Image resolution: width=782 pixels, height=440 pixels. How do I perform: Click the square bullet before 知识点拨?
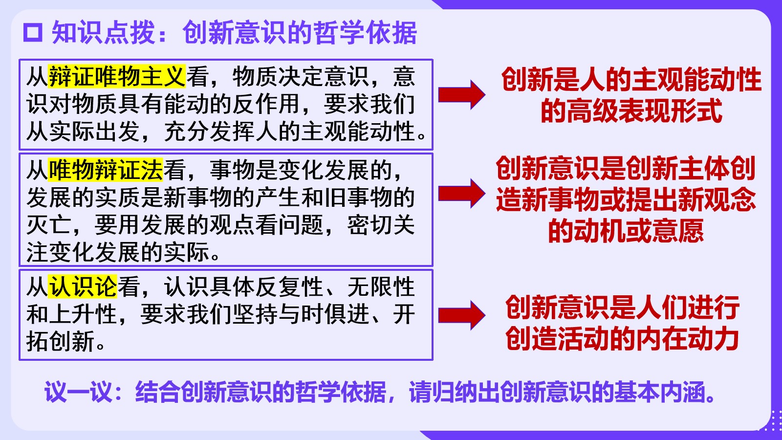coord(33,32)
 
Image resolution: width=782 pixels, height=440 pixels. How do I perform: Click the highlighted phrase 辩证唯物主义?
coord(117,76)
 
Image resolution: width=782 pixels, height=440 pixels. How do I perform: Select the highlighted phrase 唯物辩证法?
coord(106,170)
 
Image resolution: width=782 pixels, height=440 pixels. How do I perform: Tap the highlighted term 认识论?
coord(83,286)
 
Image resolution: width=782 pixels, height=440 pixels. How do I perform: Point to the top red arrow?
coord(461,95)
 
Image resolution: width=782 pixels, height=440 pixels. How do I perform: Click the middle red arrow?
coord(461,194)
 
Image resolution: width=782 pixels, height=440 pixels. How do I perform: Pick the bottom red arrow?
coord(461,315)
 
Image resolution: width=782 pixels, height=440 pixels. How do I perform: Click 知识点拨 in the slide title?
coord(104,32)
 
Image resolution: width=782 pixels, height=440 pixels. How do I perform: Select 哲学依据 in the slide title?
coord(365,32)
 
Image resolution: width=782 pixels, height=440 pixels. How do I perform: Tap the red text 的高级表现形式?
coord(631,110)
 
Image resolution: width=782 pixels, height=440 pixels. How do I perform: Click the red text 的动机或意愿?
coord(626,230)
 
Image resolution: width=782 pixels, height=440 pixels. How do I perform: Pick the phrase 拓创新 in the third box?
coord(61,341)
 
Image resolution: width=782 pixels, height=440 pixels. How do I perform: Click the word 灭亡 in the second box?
coord(49,225)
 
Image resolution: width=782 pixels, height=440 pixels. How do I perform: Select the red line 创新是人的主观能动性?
coord(631,79)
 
